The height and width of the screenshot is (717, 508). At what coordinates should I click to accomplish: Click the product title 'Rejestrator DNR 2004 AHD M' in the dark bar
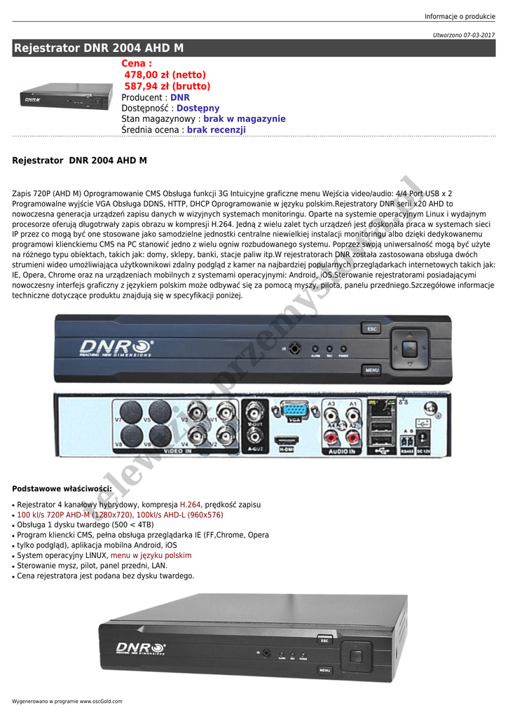[99, 48]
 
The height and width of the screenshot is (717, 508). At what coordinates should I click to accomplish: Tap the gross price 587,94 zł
[167, 86]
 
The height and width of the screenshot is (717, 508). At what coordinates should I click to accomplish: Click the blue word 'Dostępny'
[198, 109]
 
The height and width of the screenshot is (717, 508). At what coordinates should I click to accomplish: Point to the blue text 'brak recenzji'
[217, 130]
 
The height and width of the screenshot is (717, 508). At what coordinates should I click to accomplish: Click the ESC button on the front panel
[371, 328]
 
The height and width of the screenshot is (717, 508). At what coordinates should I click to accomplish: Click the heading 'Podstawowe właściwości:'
[62, 488]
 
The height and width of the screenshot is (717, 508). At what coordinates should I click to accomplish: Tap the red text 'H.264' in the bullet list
[191, 504]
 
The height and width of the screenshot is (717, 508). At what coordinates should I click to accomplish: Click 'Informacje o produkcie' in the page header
[460, 17]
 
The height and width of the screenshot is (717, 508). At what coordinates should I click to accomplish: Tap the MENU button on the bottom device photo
[324, 670]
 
